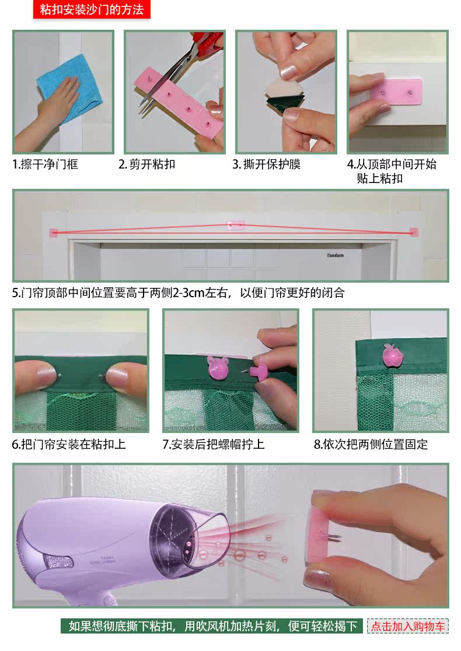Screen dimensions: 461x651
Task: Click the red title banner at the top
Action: click(x=92, y=9)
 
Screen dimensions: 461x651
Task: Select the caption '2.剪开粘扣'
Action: click(x=146, y=164)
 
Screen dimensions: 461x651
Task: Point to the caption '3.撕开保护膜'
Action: click(x=267, y=164)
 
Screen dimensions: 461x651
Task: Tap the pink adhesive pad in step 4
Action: click(x=397, y=92)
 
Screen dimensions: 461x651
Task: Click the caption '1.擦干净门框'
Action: click(x=46, y=164)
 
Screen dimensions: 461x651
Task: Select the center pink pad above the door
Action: click(x=236, y=226)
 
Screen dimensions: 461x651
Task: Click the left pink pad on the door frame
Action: click(x=54, y=233)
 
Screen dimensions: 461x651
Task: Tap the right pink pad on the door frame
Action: click(x=414, y=232)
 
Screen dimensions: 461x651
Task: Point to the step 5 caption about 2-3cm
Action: click(x=179, y=293)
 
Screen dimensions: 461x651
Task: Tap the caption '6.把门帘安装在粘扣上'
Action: click(x=69, y=445)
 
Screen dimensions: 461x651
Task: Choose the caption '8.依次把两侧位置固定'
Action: click(x=371, y=445)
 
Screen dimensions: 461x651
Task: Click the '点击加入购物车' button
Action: click(x=408, y=627)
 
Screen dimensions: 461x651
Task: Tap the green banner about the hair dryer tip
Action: click(x=212, y=626)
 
